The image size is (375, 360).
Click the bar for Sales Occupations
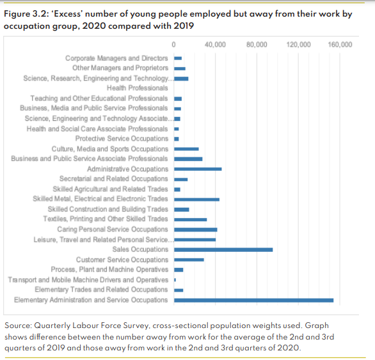[x=223, y=249]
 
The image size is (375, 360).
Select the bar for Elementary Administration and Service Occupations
[x=253, y=300]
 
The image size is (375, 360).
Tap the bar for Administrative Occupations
[x=198, y=169]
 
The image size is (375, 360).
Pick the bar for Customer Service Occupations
[x=189, y=260]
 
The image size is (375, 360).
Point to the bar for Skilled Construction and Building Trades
[x=182, y=209]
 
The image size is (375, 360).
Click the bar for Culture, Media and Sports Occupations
[x=186, y=149]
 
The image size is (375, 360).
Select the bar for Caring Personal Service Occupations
[x=196, y=229]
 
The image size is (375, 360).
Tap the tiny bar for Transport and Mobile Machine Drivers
[x=175, y=279]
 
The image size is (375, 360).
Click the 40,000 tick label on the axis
[x=215, y=45]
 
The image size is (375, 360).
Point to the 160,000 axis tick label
[x=340, y=45]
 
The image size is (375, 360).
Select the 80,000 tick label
[x=257, y=45]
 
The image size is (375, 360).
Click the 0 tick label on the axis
[x=174, y=45]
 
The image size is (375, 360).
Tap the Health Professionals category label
[x=134, y=88]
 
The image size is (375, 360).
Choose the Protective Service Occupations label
[x=122, y=139]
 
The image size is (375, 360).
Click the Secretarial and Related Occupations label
[x=114, y=179]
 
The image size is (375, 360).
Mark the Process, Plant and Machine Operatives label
[x=109, y=270]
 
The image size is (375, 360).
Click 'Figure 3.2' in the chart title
[x=24, y=13]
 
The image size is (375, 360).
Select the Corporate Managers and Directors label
[x=116, y=58]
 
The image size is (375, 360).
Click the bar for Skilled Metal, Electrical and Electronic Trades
[x=196, y=199]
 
